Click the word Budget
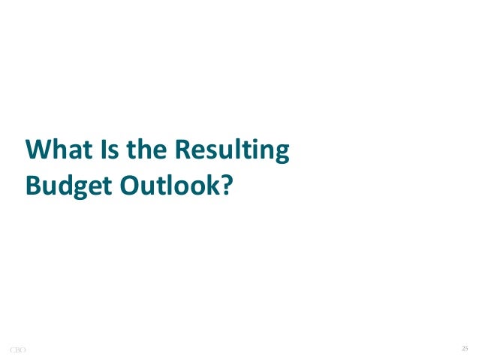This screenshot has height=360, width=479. click(x=65, y=185)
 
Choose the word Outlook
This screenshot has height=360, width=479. click(x=169, y=183)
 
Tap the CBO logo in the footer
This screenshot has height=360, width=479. click(x=17, y=349)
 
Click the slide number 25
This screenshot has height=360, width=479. click(x=464, y=349)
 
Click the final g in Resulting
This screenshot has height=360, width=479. click(x=281, y=154)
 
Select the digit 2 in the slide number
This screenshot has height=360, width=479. click(x=462, y=349)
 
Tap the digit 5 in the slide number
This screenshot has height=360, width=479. click(x=466, y=349)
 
